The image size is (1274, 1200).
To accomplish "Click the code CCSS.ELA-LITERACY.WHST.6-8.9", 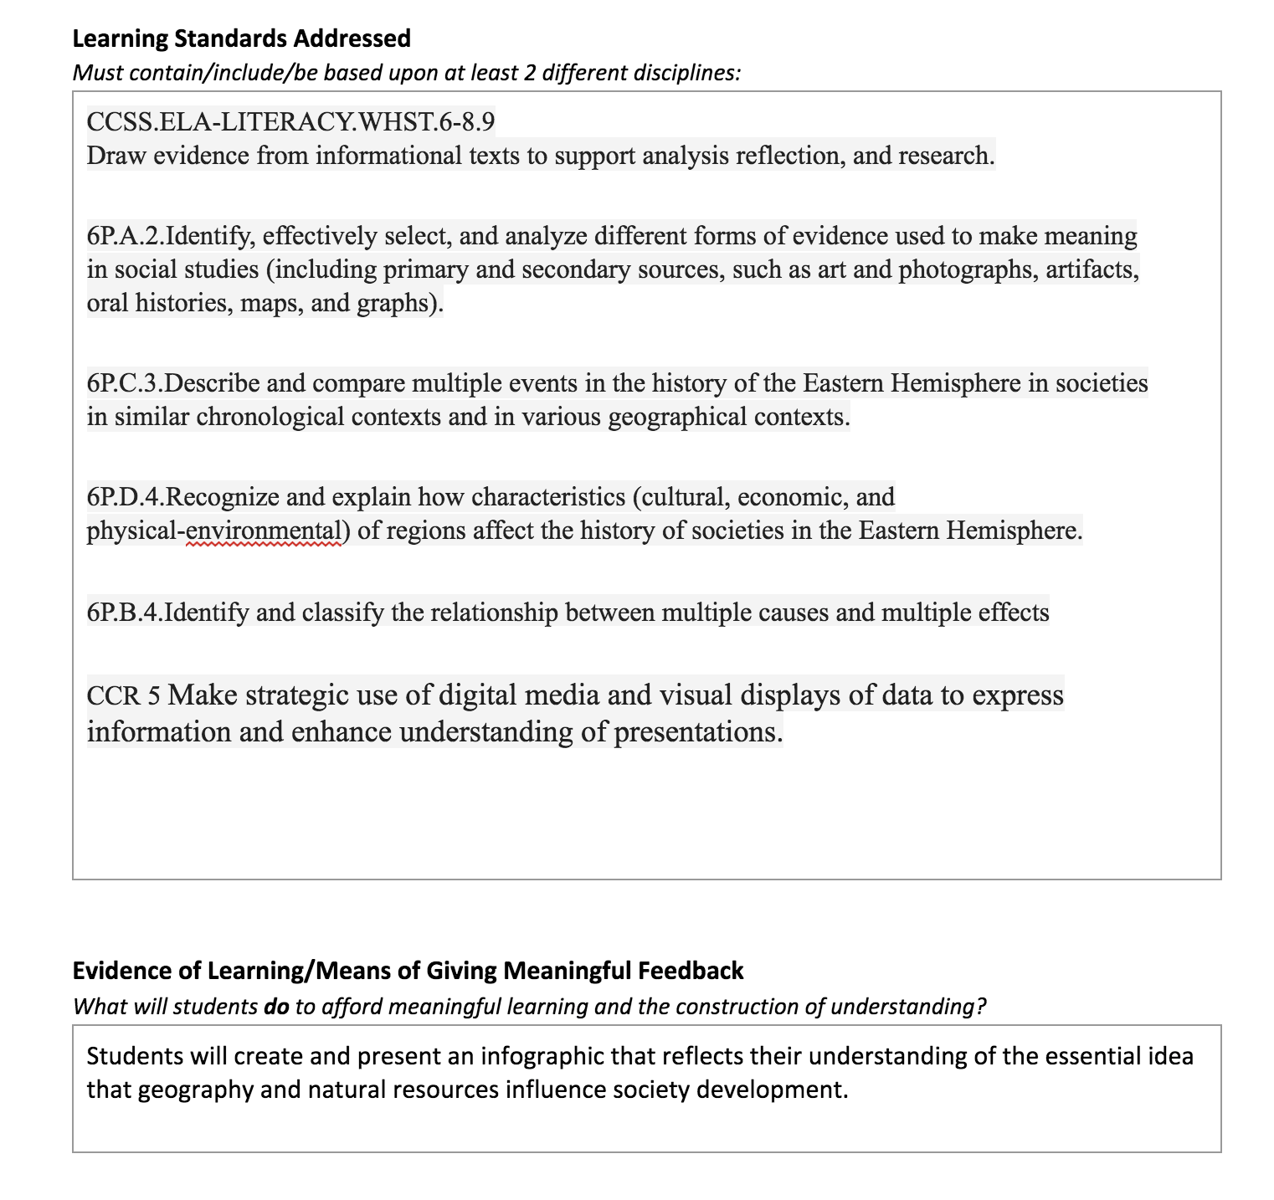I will coord(290,122).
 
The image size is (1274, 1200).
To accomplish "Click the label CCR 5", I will coord(123,696).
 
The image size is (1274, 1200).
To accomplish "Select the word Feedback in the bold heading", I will coord(691,971).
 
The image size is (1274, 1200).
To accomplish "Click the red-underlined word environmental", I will coord(264,531).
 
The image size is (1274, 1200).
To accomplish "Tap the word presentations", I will coord(698,732).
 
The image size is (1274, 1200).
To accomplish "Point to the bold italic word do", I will coord(276,1006).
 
